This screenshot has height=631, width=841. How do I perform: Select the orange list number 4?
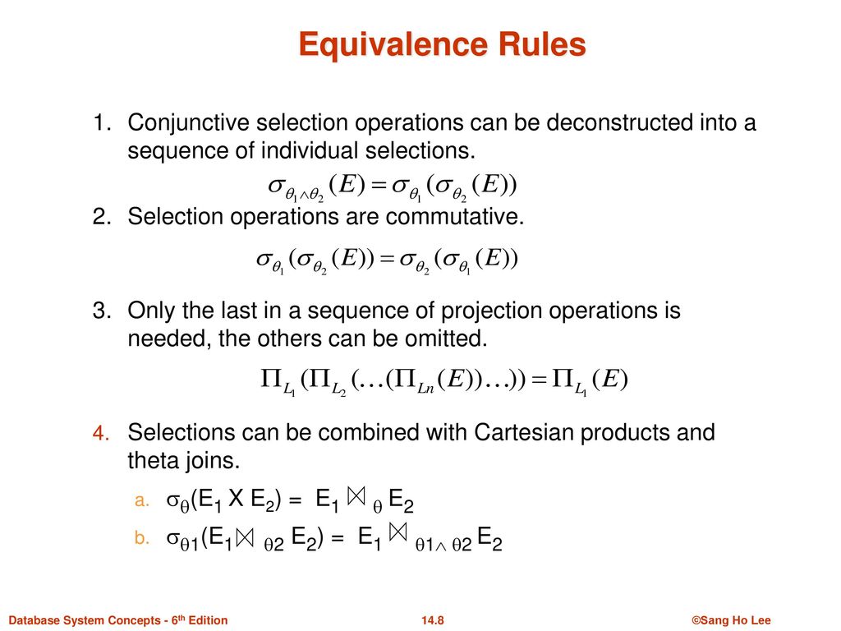coord(100,433)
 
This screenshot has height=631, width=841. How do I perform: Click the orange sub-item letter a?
coord(139,500)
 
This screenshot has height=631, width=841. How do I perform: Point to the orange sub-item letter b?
coord(139,539)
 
